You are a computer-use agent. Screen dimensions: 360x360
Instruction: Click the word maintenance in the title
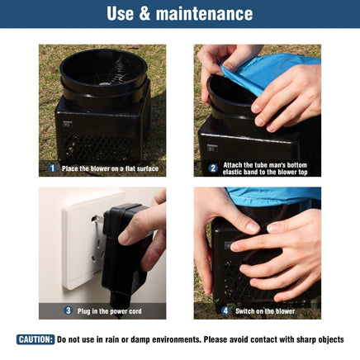tap(204, 14)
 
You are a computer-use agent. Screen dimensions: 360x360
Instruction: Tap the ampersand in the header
tap(144, 14)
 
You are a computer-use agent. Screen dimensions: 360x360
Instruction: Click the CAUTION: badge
tap(36, 339)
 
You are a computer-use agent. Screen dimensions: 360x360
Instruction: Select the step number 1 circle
tap(52, 168)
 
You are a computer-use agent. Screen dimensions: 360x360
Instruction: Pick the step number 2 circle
tap(213, 168)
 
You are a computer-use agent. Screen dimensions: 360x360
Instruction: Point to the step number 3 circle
tap(68, 311)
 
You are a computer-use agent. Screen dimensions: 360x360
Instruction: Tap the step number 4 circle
tap(225, 311)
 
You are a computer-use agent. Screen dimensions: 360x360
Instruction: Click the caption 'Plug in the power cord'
tap(110, 311)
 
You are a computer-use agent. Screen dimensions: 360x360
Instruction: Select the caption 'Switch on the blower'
tap(265, 311)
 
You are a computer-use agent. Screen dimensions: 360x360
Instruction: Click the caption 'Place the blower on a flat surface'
tap(110, 168)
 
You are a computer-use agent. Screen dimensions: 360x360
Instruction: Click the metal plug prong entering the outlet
tap(97, 219)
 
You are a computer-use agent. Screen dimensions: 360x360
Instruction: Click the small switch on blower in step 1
tap(68, 124)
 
